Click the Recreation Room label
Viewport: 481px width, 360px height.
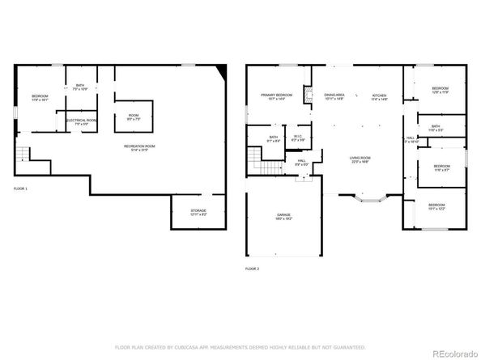(138, 147)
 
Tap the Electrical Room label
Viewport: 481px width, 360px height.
(81, 122)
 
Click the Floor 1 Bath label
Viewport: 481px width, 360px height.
(80, 87)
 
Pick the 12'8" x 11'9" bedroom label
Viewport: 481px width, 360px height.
(441, 91)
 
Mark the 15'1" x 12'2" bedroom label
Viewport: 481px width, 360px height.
(436, 207)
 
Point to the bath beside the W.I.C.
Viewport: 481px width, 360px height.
(274, 138)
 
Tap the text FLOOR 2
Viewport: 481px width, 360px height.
(253, 268)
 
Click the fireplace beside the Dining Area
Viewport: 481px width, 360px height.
(309, 96)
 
